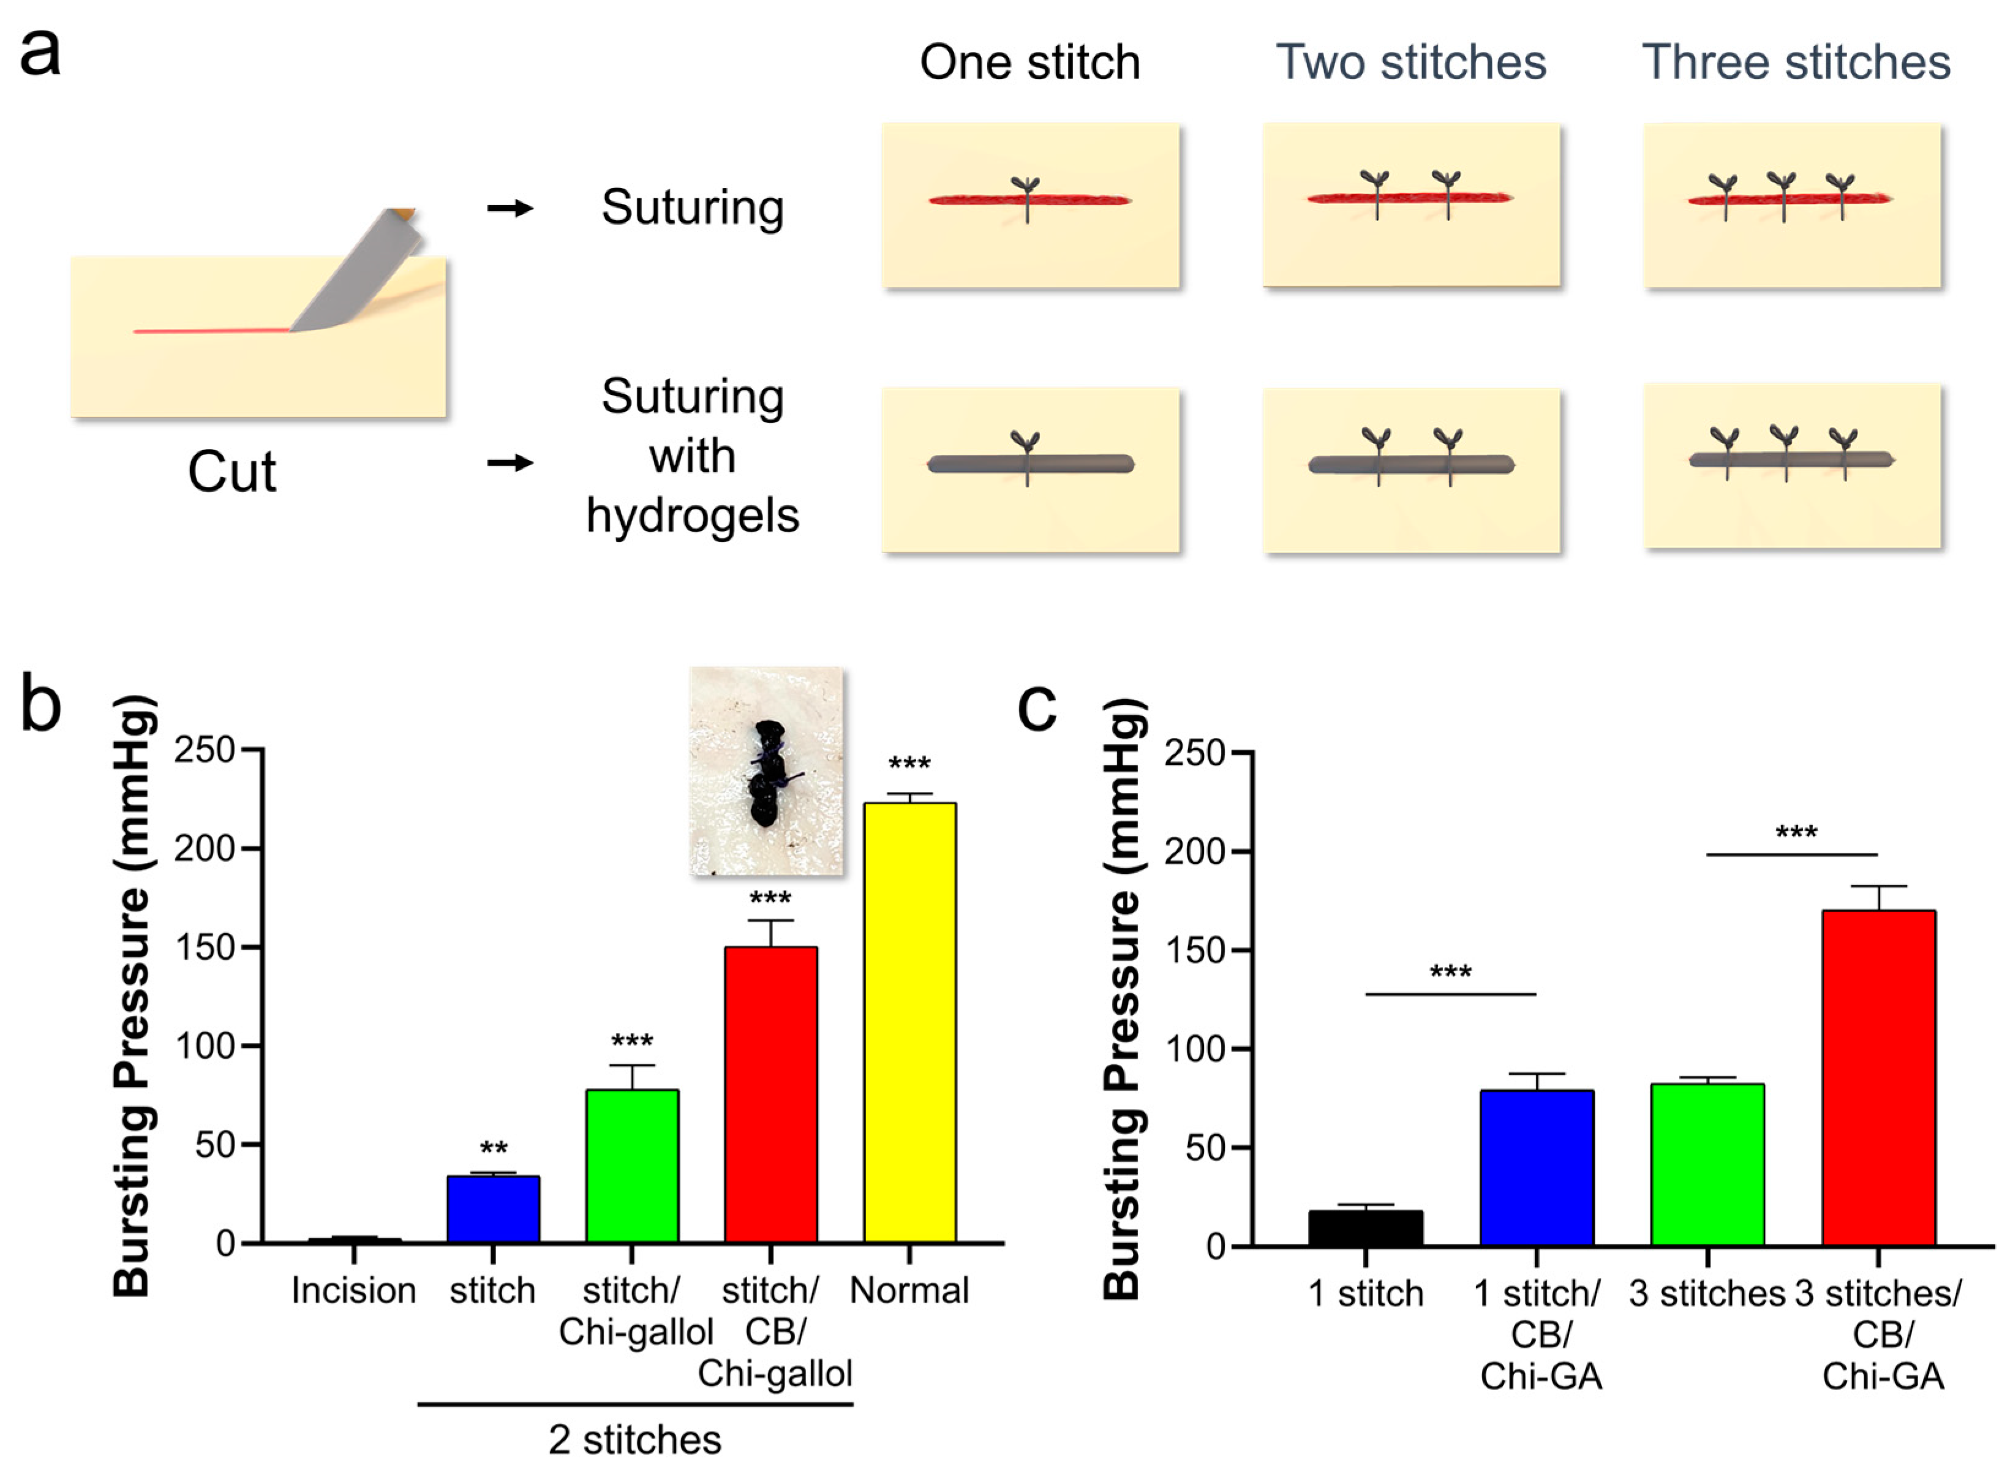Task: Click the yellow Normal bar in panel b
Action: pos(909,1023)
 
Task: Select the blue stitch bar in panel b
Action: pos(493,1209)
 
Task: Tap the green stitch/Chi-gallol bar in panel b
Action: pos(632,1166)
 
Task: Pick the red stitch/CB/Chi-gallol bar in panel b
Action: pos(770,1094)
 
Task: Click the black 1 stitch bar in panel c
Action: pos(1366,1228)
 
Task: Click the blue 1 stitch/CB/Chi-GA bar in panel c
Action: pos(1536,1168)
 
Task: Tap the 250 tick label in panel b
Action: pos(205,751)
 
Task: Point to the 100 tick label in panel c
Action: pos(1194,1049)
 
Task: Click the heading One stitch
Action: pos(1030,63)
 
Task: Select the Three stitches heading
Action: pos(1796,63)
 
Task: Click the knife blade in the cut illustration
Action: pos(359,275)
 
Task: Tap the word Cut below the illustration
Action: pos(231,472)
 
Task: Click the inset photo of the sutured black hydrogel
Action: pos(766,771)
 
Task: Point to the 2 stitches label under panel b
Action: pos(634,1439)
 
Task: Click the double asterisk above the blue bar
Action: pos(494,1149)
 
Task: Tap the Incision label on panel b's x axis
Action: pos(353,1291)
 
